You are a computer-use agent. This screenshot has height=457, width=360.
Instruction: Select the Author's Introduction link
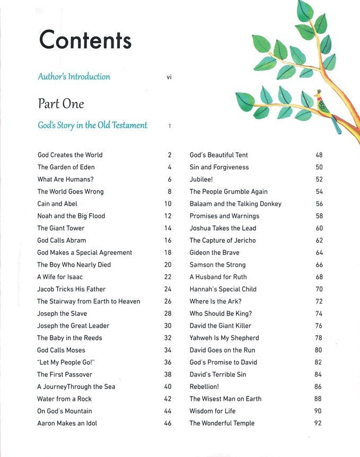[x=74, y=76]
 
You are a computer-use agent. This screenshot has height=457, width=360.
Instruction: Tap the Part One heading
[x=61, y=103]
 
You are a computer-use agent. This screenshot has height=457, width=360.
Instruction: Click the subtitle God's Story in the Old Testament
[x=92, y=126]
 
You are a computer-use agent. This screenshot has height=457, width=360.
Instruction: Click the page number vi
[x=169, y=77]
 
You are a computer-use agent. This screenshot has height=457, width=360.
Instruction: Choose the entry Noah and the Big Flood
[x=71, y=216]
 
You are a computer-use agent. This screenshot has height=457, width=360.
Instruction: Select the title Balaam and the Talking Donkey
[x=235, y=204]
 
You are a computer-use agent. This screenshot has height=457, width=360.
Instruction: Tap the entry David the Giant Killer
[x=221, y=326]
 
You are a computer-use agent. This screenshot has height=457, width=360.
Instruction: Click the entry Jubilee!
[x=201, y=179]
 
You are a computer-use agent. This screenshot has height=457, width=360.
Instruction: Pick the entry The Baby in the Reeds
[x=69, y=338]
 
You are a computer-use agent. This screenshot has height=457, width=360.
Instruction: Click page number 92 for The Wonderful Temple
[x=318, y=423]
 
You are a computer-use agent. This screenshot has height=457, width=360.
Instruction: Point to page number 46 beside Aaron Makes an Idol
[x=168, y=423]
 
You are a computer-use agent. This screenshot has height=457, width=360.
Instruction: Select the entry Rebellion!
[x=204, y=386]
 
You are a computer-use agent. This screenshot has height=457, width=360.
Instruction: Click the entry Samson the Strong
[x=217, y=265]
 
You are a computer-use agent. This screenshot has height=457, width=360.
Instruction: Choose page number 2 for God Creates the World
[x=169, y=155]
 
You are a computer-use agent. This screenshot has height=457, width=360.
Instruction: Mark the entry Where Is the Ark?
[x=215, y=301]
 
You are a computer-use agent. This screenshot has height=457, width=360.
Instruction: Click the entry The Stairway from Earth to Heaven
[x=89, y=301]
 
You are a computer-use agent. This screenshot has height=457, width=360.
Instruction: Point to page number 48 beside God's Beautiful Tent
[x=319, y=155]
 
